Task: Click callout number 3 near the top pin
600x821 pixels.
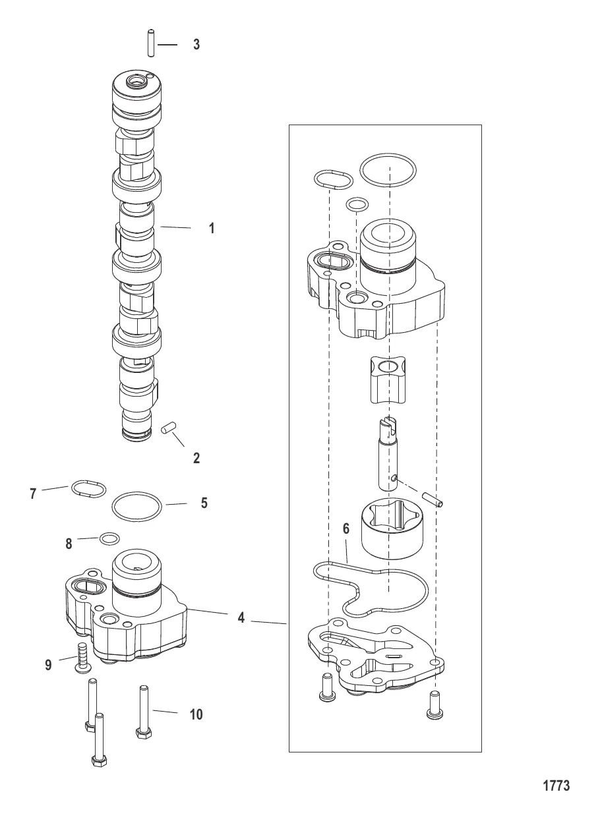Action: click(196, 45)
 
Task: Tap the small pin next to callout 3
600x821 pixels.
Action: click(150, 44)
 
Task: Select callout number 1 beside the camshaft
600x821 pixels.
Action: click(211, 229)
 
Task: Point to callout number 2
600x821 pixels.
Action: click(196, 458)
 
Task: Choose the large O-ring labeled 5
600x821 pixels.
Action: click(136, 506)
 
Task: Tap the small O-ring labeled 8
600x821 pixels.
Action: click(109, 539)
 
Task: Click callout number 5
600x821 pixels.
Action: click(204, 503)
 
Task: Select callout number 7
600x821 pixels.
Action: click(33, 493)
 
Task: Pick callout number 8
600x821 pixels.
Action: click(69, 544)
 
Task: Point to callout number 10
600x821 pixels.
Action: click(196, 714)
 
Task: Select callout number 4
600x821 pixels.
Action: click(241, 618)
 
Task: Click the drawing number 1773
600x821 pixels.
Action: click(555, 785)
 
